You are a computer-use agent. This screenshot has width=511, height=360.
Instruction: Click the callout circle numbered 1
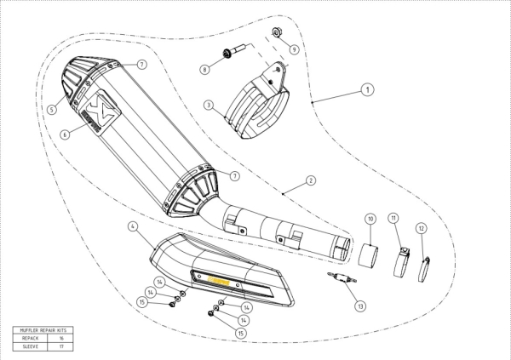pos(366,88)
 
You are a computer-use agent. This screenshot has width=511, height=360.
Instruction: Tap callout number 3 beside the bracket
pos(208,105)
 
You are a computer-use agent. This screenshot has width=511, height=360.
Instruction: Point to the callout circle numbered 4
pos(133,226)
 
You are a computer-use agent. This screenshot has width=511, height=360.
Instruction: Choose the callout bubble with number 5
pos(52,109)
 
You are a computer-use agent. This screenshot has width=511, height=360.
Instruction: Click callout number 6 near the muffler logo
pos(65,134)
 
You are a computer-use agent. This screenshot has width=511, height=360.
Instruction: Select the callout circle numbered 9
pos(294,49)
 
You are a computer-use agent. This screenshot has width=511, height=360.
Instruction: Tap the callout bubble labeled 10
pos(370,219)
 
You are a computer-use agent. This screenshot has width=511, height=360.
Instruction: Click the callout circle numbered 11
pos(393,219)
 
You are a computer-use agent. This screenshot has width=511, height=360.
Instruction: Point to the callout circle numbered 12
pos(421,228)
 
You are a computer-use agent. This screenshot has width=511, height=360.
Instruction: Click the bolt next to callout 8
pos(228,53)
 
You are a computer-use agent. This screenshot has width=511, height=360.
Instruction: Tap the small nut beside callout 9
pos(278,34)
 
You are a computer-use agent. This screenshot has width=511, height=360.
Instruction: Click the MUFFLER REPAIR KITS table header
pos(43,330)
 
